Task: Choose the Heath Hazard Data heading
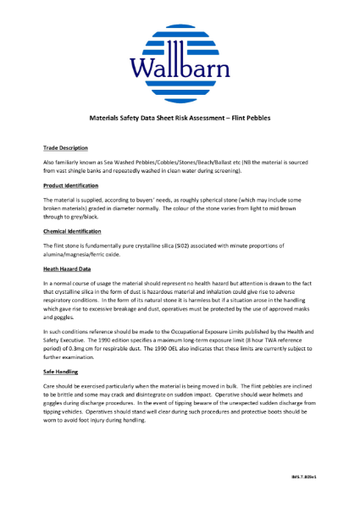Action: [x=67, y=267]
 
